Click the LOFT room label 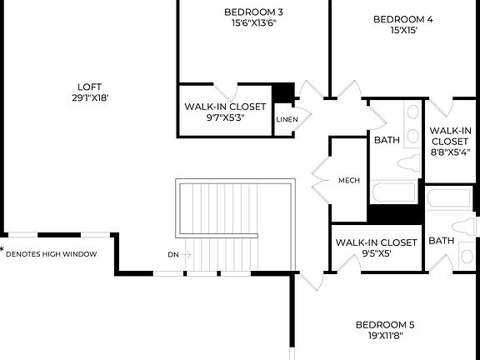pos(89,86)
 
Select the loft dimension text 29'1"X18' pos(89,97)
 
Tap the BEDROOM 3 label pos(254,12)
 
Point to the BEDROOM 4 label pos(403,19)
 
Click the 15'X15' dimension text pos(403,31)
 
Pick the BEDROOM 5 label pos(385,325)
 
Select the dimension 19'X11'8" pos(385,337)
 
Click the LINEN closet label pos(287,119)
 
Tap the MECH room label pos(348,180)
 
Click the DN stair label pos(172,255)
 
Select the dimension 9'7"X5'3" pos(225,118)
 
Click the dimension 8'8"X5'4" pos(451,152)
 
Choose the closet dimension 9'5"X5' pos(375,253)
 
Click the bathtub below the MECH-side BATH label pos(393,192)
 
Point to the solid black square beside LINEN pos(285,92)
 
